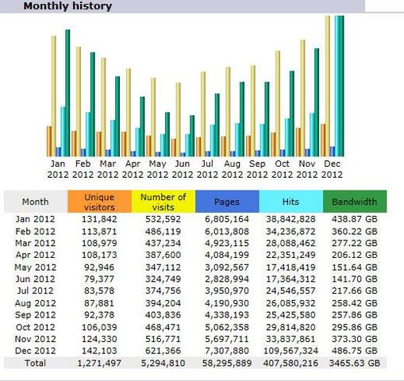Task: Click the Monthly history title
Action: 67,6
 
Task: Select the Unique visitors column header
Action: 99,202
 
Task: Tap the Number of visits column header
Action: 164,202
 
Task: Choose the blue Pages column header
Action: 227,202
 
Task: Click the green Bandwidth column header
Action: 355,202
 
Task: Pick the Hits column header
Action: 291,202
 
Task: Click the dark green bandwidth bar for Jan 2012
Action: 67,93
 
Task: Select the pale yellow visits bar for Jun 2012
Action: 179,119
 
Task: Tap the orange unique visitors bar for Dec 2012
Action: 323,140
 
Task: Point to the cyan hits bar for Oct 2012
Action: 287,137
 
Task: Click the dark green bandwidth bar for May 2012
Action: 167,134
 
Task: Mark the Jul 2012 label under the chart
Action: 207,169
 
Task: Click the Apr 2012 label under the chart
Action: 133,169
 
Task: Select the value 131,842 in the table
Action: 99,219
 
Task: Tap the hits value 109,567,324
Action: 290,351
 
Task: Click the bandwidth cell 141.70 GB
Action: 355,279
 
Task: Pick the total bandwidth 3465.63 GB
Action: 355,363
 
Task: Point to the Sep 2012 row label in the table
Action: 36,315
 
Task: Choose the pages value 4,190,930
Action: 227,303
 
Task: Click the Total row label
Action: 36,363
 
